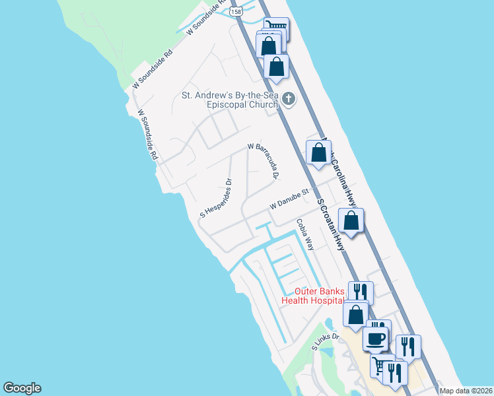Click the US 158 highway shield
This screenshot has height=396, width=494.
pyautogui.click(x=236, y=12)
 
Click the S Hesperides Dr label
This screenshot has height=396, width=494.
pyautogui.click(x=218, y=197)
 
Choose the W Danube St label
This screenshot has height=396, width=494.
pyautogui.click(x=289, y=199)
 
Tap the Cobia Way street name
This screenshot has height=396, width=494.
pyautogui.click(x=304, y=234)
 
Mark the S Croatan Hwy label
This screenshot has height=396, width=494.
pyautogui.click(x=332, y=224)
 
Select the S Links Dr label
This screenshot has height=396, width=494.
pyautogui.click(x=325, y=341)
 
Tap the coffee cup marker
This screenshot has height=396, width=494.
pyautogui.click(x=375, y=339)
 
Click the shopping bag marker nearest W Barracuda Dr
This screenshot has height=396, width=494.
pyautogui.click(x=318, y=153)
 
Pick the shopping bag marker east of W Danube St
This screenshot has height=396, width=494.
pyautogui.click(x=351, y=220)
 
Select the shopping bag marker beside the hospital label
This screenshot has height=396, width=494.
pyautogui.click(x=356, y=314)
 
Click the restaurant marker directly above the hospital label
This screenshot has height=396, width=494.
pyautogui.click(x=361, y=292)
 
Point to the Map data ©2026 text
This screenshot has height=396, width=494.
pyautogui.click(x=466, y=391)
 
